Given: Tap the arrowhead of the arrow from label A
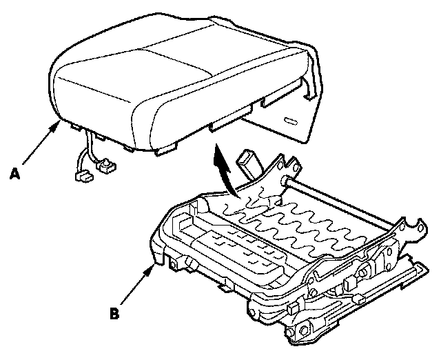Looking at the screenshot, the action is tap(57, 125).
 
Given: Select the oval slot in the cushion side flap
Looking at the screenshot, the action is tap(289, 121).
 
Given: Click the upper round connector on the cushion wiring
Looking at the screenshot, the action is tap(105, 166).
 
